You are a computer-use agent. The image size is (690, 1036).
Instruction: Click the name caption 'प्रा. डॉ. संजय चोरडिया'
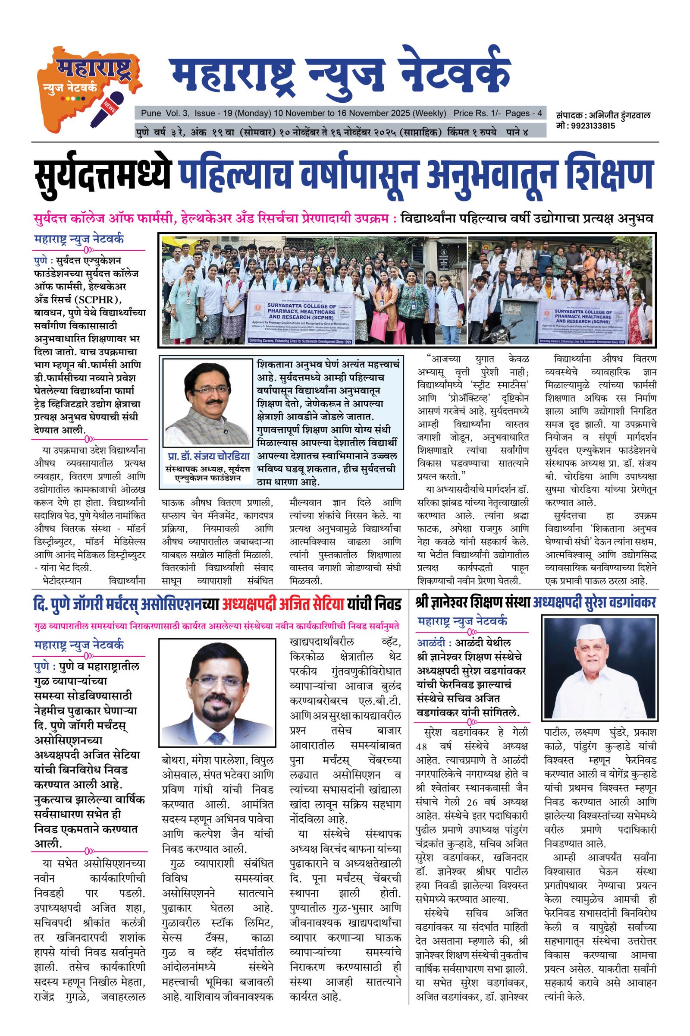(208, 456)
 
